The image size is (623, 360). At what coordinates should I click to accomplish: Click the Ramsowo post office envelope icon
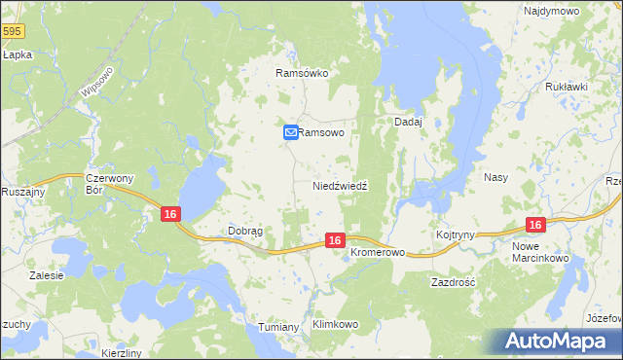pos(290,133)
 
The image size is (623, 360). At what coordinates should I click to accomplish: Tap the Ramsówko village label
pos(304,73)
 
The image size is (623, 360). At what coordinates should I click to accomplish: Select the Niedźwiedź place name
pos(339,185)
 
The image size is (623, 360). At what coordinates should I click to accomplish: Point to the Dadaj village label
pos(407,122)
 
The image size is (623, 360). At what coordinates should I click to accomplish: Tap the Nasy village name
pos(495,178)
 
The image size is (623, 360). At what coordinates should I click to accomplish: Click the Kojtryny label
pos(456,235)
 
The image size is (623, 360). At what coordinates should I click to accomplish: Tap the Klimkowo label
pos(335,324)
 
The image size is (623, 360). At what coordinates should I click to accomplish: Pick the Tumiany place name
pos(278,327)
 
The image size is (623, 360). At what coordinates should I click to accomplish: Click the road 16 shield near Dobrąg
pos(170,214)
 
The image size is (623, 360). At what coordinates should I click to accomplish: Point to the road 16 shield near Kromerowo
pos(334,240)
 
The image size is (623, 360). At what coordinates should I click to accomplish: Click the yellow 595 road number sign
pos(12,32)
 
